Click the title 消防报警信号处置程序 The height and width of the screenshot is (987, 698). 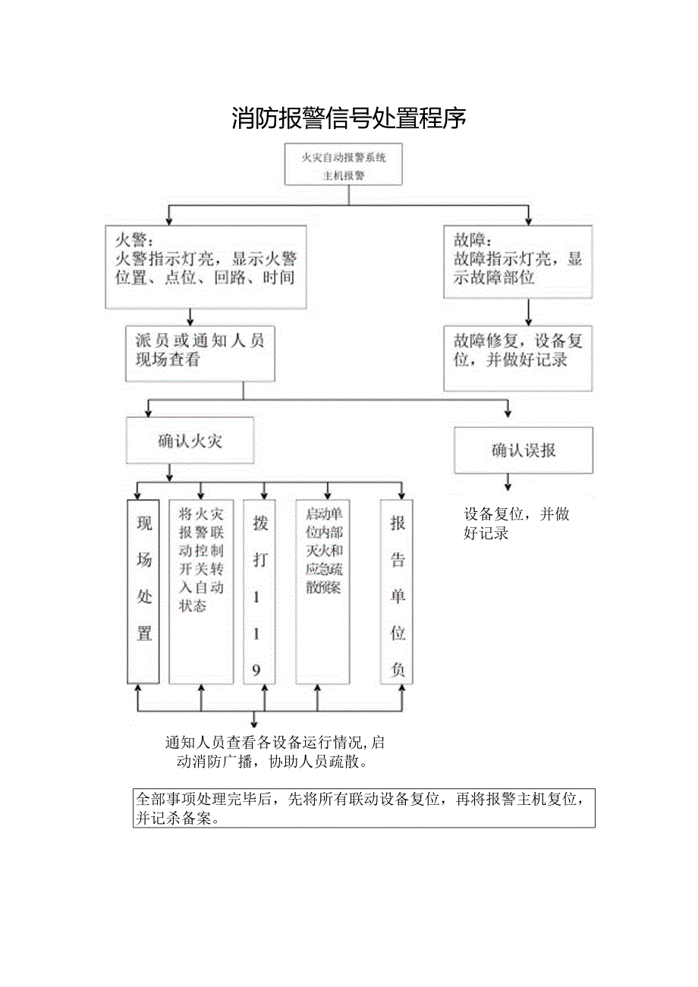[348, 118]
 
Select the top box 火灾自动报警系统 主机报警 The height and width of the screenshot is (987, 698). [344, 165]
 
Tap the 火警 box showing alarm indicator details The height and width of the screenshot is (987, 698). [206, 266]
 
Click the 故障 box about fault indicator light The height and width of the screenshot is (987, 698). [517, 261]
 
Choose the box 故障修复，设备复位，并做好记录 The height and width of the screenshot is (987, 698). [517, 358]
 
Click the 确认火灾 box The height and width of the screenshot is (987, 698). [190, 442]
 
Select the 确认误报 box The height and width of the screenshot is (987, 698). [523, 451]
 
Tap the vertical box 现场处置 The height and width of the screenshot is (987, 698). [143, 592]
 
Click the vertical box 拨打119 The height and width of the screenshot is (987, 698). [259, 592]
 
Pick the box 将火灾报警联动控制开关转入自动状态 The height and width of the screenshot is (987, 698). [201, 592]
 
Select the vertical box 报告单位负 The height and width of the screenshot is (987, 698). [397, 592]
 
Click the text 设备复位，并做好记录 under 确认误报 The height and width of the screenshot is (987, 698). [516, 523]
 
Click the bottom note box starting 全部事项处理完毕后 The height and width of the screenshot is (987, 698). [363, 808]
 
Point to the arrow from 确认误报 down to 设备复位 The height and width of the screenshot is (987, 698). [508, 482]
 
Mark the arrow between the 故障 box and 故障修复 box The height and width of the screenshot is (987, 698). [528, 312]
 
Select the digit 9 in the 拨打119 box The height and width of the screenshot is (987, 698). [256, 671]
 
